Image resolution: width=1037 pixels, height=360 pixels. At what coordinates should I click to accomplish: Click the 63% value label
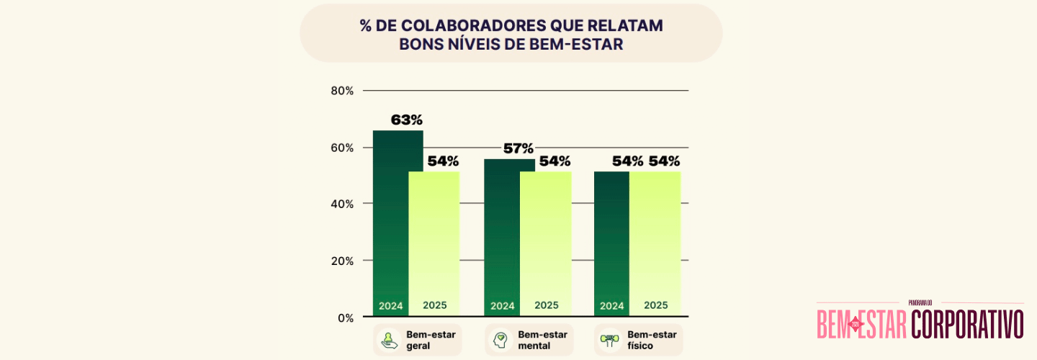(407, 120)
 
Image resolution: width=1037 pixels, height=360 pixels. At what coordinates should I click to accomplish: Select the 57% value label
(518, 149)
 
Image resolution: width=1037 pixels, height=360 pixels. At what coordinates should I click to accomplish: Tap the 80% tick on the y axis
(342, 91)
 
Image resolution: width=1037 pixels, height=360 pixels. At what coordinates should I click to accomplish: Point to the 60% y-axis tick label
(342, 148)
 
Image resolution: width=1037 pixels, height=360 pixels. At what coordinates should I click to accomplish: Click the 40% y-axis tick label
(342, 204)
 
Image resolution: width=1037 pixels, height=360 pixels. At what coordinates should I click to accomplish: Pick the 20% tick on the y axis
(342, 261)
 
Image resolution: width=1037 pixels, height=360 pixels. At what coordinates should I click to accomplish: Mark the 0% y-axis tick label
(345, 318)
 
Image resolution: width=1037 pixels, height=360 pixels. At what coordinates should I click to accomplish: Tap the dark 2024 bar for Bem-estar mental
(502, 238)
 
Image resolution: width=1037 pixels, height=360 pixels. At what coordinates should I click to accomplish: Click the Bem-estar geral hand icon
(390, 340)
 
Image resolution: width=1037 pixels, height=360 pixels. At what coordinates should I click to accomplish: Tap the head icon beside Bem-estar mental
(500, 340)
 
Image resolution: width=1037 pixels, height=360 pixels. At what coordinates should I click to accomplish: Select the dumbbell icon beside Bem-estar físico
(610, 340)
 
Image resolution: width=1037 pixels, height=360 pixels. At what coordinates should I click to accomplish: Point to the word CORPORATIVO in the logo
(966, 324)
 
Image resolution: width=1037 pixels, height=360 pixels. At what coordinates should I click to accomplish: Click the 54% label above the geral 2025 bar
(443, 161)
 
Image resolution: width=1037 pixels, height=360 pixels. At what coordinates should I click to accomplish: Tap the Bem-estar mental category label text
(542, 340)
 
